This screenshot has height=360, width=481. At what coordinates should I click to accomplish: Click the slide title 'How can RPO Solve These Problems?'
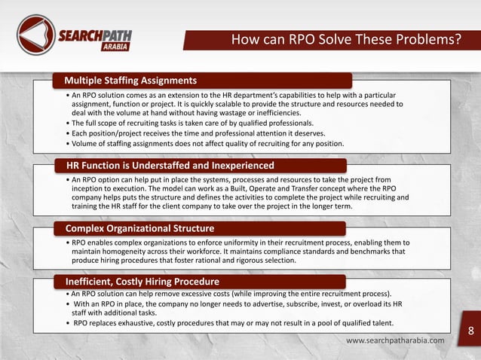coord(345,39)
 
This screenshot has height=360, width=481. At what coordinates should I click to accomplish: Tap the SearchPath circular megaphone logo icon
coord(35,33)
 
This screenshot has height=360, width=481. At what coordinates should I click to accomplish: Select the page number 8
coord(471,331)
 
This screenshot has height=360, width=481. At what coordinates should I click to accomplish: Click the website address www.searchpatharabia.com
coord(395,341)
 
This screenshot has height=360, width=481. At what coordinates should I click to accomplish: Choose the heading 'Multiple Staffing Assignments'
coord(130,80)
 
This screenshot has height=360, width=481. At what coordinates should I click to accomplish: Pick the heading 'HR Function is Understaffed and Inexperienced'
coord(169,165)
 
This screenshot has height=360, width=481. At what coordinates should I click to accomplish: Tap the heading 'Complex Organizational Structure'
coord(139,227)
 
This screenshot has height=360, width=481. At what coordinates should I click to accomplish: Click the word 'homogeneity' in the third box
coord(126,252)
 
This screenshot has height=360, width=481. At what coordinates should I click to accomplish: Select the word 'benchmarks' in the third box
coord(361,252)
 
